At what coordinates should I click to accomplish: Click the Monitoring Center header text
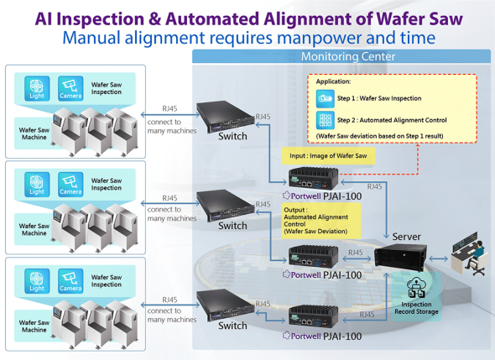[x=348, y=56]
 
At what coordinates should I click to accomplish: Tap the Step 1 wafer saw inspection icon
[x=326, y=99]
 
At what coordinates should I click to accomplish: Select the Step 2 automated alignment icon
[x=326, y=120]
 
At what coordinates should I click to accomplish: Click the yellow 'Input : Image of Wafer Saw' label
[x=328, y=156]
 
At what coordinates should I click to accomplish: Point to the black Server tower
[x=400, y=258]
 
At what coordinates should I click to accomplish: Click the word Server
[x=407, y=237]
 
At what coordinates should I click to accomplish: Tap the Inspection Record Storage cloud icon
[x=416, y=287]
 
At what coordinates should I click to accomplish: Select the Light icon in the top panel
[x=37, y=88]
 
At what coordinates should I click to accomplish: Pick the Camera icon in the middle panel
[x=70, y=185]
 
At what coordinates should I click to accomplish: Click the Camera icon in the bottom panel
[x=70, y=281]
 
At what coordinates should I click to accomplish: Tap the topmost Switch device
[x=226, y=116]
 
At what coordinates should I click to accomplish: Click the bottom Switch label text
[x=232, y=326]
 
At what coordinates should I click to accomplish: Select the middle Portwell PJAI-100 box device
[x=314, y=256]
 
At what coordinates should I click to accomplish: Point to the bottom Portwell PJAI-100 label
[x=323, y=336]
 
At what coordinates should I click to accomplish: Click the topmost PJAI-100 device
[x=314, y=178]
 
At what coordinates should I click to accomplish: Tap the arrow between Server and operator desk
[x=438, y=259]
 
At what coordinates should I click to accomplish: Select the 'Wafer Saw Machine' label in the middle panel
[x=34, y=230]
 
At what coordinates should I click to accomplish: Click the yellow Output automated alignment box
[x=321, y=221]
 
